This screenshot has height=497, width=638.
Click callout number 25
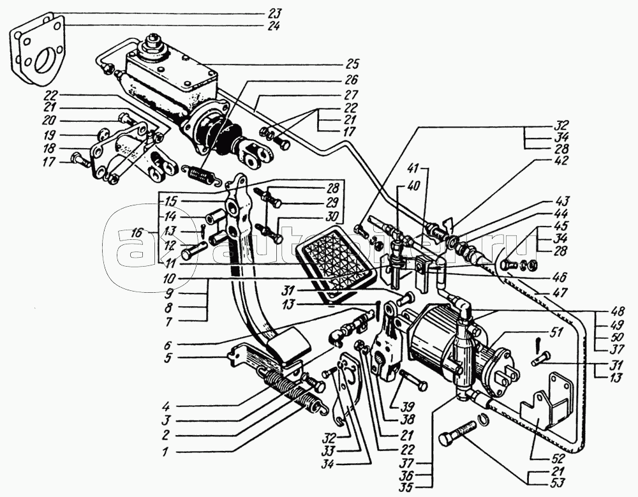[353, 64]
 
